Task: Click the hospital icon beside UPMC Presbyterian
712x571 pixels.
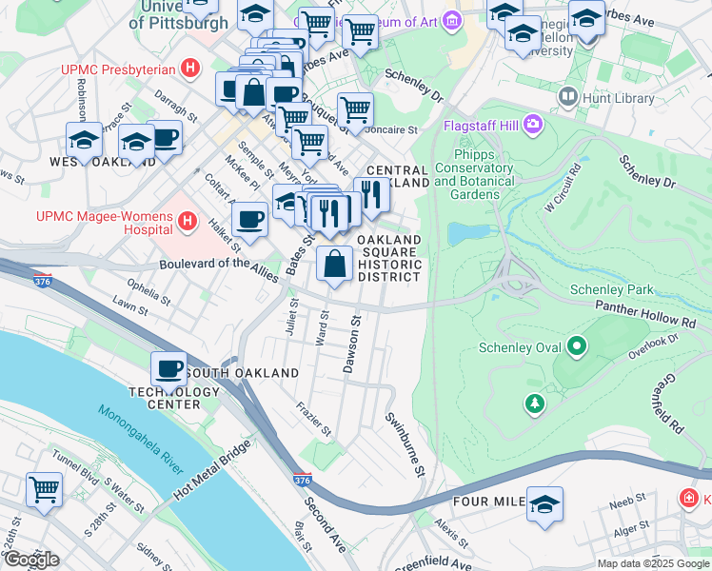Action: [x=191, y=69]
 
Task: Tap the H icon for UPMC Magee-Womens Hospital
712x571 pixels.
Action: [x=188, y=224]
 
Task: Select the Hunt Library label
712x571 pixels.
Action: [x=619, y=98]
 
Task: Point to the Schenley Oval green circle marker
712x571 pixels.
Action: [x=575, y=347]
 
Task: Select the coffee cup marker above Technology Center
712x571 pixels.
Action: [x=169, y=368]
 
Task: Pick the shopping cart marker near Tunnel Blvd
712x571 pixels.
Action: [x=44, y=489]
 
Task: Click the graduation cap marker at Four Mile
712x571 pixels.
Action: [x=545, y=503]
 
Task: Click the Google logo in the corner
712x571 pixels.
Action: [x=31, y=560]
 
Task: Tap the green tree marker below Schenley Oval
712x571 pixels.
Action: [x=535, y=404]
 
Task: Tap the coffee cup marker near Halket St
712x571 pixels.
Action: [x=249, y=220]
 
